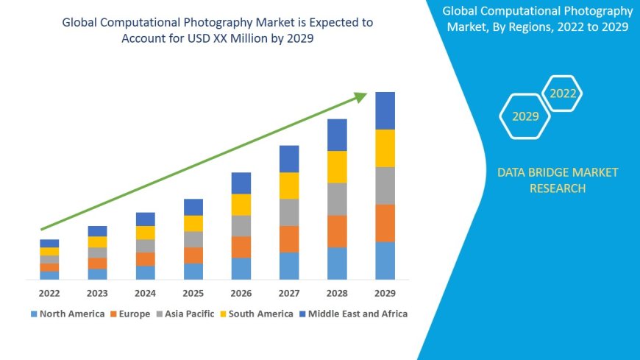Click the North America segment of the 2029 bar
click(385, 261)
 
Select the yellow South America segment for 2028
click(337, 167)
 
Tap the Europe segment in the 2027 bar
click(289, 239)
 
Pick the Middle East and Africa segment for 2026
click(241, 183)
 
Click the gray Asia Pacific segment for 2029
click(385, 186)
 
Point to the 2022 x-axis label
click(49, 293)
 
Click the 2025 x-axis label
click(193, 293)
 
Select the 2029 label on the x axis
click(385, 293)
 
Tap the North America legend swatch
click(34, 314)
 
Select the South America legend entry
click(257, 314)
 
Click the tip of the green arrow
click(365, 94)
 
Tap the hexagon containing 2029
click(525, 116)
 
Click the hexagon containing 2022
click(563, 93)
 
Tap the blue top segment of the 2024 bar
click(146, 219)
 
